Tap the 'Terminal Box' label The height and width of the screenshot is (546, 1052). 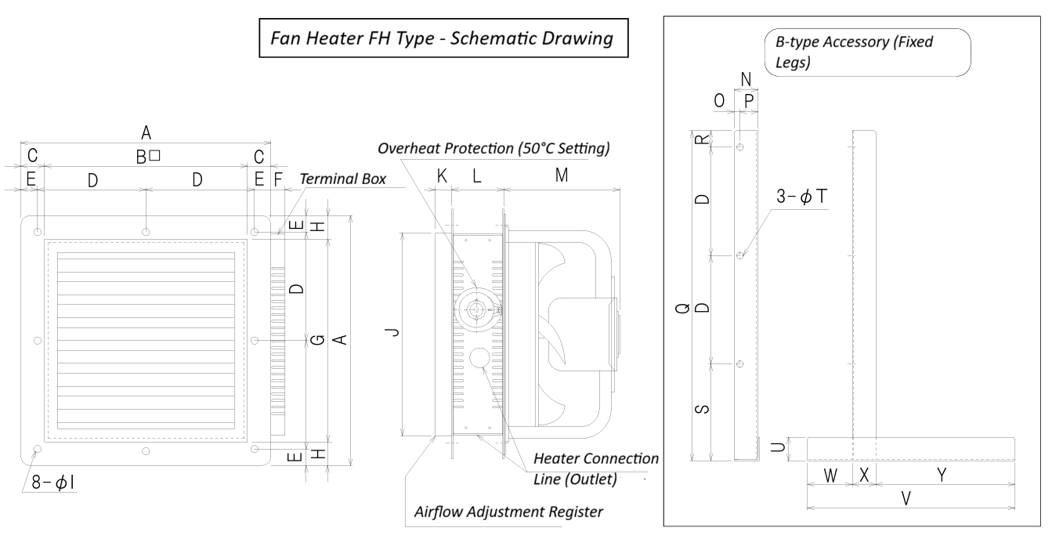[x=343, y=179]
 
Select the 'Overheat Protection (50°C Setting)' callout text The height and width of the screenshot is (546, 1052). [x=493, y=148]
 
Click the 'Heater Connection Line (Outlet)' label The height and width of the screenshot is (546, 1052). [x=595, y=468]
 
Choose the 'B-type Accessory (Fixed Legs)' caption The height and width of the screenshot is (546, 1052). [x=853, y=52]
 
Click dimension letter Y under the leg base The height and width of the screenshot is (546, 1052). [x=942, y=475]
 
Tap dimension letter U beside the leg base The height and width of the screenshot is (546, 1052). [x=794, y=447]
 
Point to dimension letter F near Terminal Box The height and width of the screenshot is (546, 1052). [x=277, y=179]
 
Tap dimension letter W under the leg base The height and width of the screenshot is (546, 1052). [x=830, y=475]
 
